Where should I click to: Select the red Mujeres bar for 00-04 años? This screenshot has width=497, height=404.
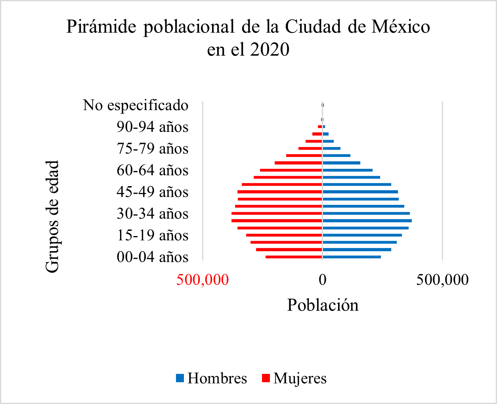pyautogui.click(x=294, y=257)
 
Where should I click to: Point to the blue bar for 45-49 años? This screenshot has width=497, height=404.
pyautogui.click(x=360, y=192)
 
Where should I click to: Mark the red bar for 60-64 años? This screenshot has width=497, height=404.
pyautogui.click(x=291, y=170)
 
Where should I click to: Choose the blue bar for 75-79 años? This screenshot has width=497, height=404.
pyautogui.click(x=331, y=149)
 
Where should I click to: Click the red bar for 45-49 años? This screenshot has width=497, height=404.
pyautogui.click(x=280, y=192)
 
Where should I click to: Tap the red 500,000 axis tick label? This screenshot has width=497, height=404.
pyautogui.click(x=203, y=280)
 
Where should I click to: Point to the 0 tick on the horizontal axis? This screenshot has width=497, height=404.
pyautogui.click(x=323, y=280)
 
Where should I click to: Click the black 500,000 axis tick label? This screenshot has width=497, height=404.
pyautogui.click(x=442, y=280)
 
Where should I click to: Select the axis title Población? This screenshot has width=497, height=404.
pyautogui.click(x=323, y=305)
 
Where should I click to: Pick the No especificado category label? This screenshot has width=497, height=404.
pyautogui.click(x=136, y=105)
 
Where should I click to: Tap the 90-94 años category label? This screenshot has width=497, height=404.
pyautogui.click(x=153, y=127)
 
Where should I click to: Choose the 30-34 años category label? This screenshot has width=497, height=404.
pyautogui.click(x=153, y=214)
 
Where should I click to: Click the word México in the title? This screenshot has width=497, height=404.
pyautogui.click(x=400, y=27)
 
